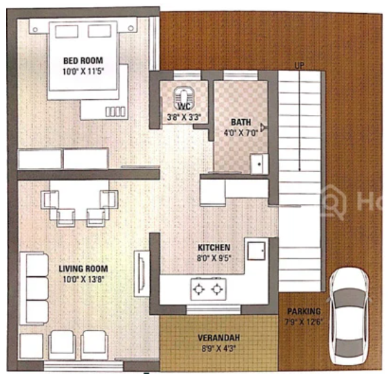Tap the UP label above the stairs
(299, 65)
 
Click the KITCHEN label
(214, 247)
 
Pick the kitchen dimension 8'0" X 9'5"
(214, 259)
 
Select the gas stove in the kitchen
(208, 287)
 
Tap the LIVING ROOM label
(83, 268)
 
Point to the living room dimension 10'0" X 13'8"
(83, 279)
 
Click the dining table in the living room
(80, 202)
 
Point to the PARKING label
(304, 311)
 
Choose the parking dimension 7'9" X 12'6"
(303, 321)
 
